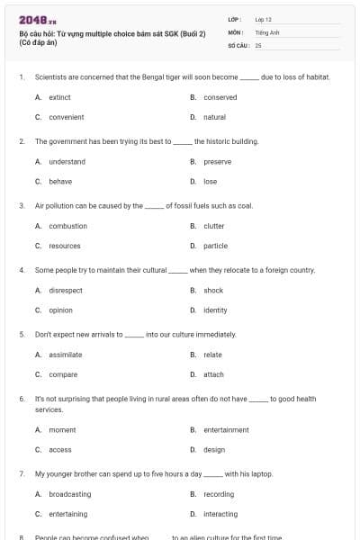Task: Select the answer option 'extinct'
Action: point(59,97)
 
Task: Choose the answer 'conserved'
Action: point(220,97)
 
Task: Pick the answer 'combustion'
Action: point(67,226)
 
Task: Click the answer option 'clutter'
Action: point(213,226)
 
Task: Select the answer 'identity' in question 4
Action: point(215,310)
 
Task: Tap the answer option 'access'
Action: point(60,449)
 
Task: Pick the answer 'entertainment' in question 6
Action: point(226,430)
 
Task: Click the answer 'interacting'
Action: point(220,514)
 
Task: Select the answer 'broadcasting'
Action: point(69,494)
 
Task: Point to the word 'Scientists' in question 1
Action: point(50,77)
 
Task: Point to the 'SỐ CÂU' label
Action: point(236,44)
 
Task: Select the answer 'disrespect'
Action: point(66,291)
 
